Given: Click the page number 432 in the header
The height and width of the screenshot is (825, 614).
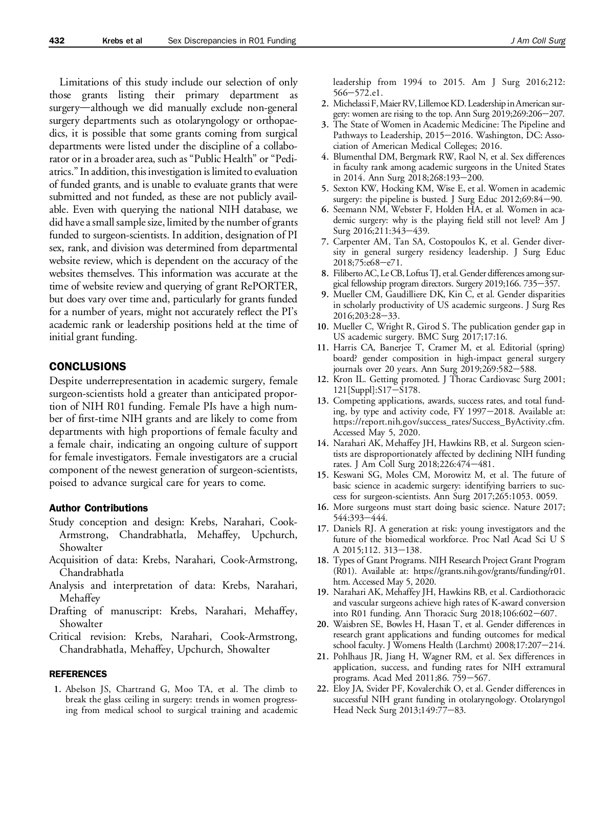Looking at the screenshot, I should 56,41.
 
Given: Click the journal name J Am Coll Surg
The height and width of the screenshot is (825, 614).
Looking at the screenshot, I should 538,41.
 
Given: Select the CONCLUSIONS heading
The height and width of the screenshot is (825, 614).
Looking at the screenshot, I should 87,366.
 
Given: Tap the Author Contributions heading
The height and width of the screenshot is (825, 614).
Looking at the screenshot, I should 98,508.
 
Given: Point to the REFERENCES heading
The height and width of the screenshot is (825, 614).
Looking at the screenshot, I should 78,674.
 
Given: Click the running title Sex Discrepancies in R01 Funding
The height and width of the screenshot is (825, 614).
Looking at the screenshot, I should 232,41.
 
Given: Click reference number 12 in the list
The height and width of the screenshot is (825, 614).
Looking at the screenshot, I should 322,380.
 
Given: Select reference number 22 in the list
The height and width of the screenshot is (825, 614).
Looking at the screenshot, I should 322,688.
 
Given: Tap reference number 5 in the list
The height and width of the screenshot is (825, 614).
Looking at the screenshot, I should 324,188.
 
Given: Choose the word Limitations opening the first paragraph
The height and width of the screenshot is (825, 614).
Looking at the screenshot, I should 84,82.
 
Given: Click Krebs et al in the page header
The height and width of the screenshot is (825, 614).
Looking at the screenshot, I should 122,41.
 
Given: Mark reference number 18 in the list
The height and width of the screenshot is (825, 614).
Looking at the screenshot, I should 322,560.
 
